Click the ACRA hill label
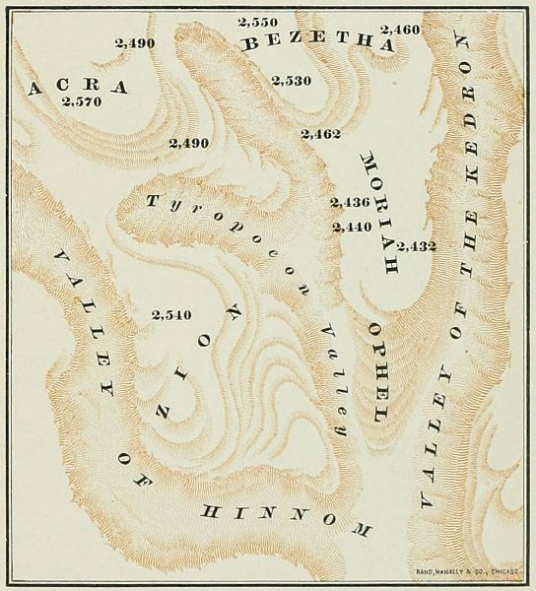[79, 87]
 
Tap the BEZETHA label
[316, 44]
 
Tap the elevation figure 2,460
[400, 30]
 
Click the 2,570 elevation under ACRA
[81, 101]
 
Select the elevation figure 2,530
[292, 80]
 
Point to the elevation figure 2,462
[321, 132]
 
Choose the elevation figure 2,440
[352, 227]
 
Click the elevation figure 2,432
[417, 244]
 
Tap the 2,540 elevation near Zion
[172, 315]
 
